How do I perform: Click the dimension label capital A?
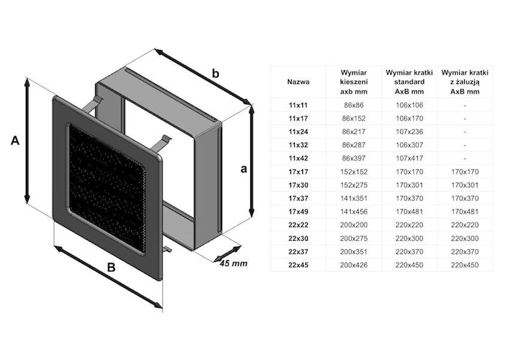coord(16,140)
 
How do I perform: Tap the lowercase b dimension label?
coord(216,73)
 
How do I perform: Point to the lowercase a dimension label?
coord(243,169)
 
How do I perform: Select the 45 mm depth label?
coord(233,263)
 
